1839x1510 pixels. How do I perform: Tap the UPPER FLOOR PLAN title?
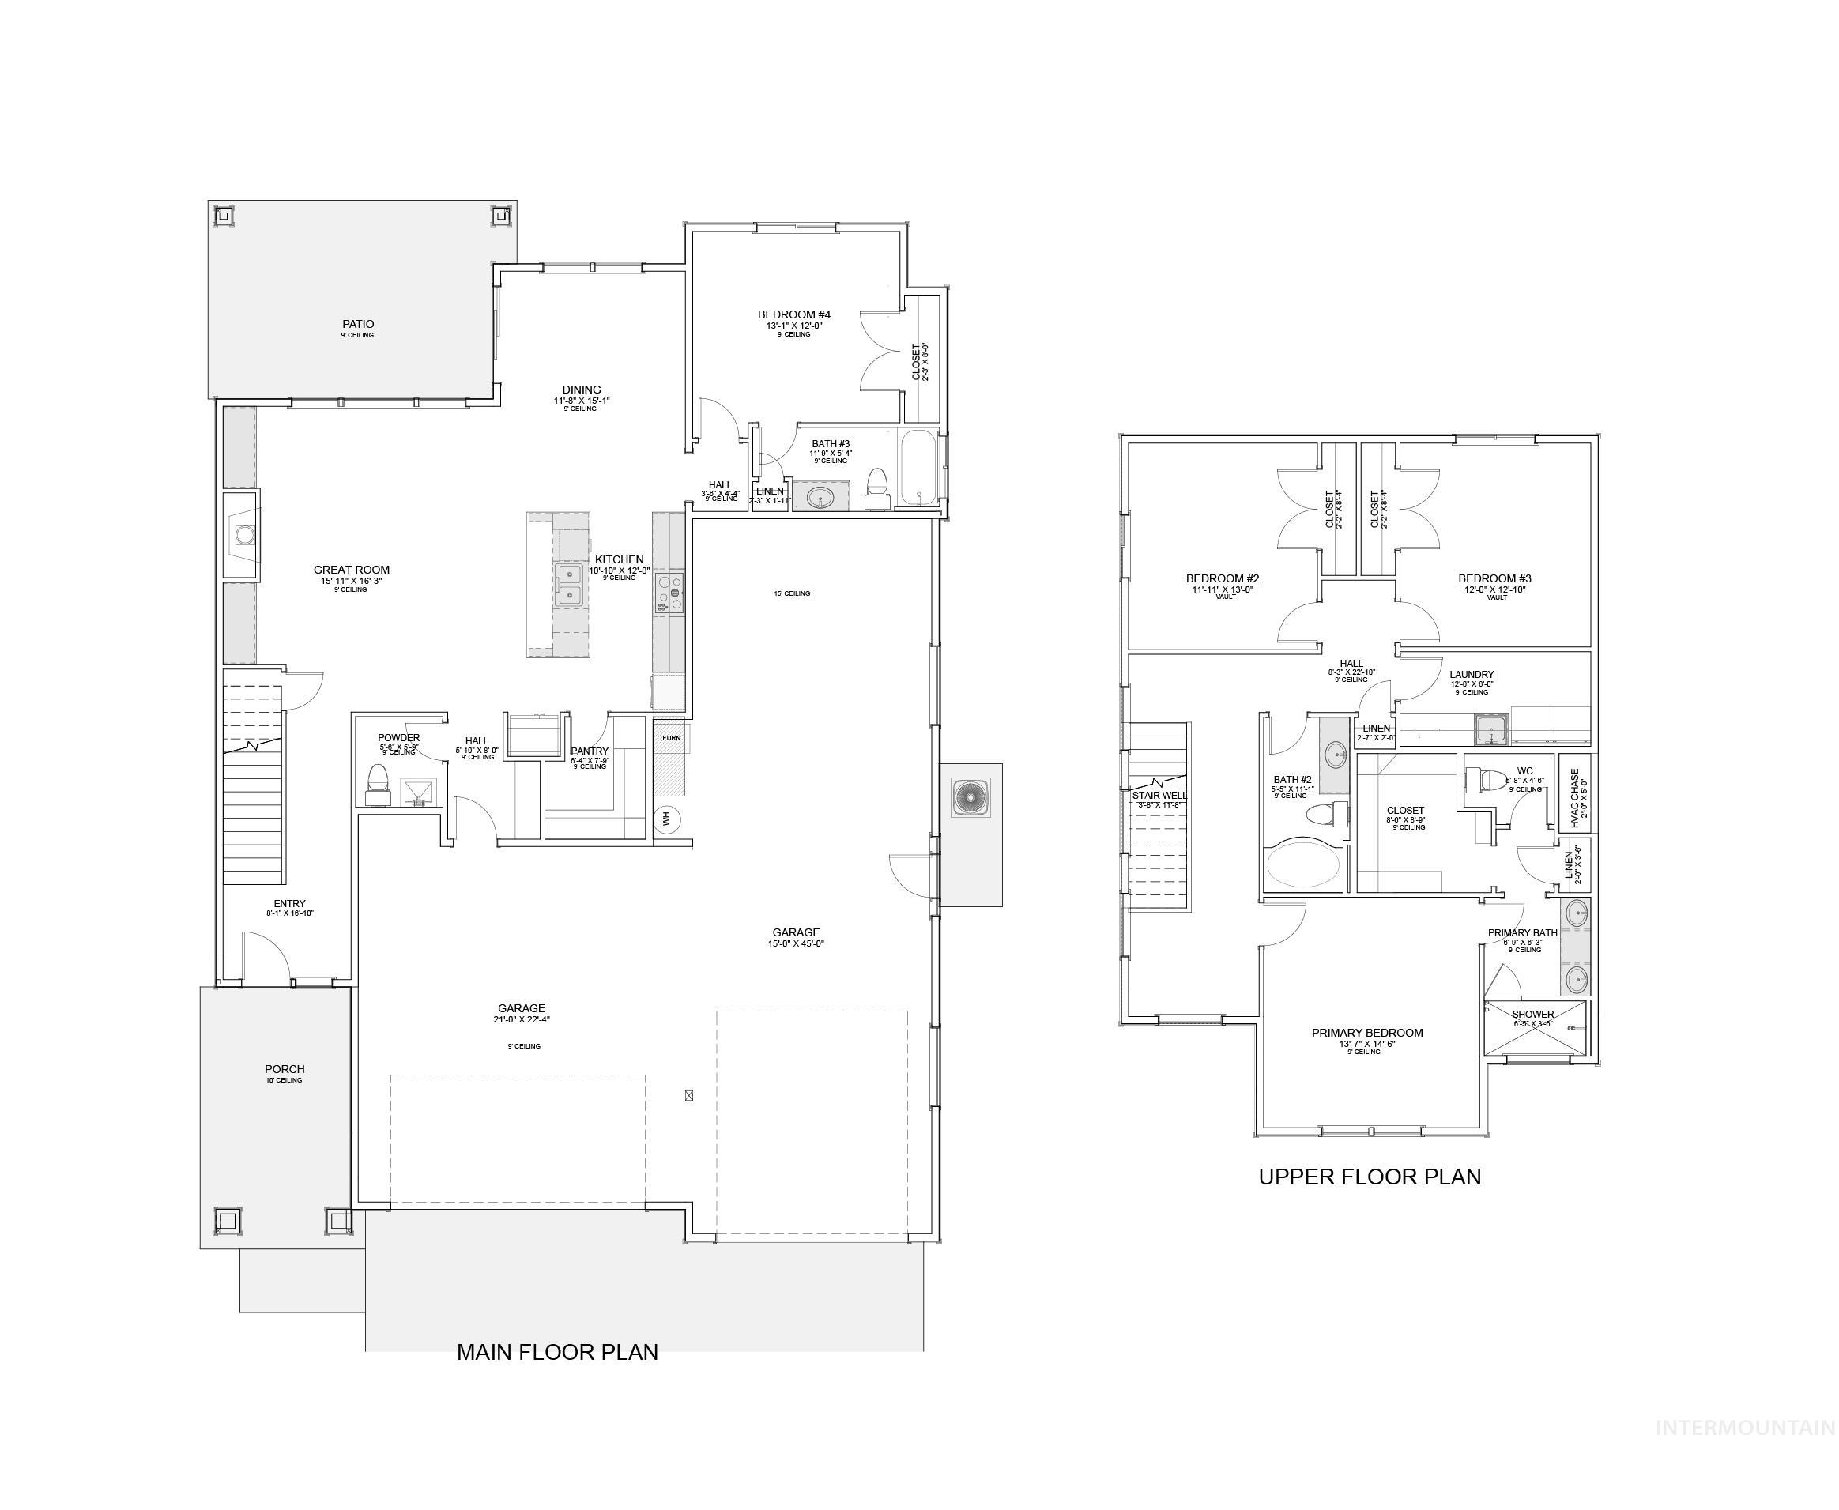(1370, 1177)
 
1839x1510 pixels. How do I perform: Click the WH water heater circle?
(666, 819)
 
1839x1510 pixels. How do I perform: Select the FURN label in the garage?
(671, 737)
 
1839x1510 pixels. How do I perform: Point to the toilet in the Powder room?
(378, 778)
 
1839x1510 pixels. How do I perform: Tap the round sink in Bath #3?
(820, 499)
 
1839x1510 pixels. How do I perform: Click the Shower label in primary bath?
(1533, 1015)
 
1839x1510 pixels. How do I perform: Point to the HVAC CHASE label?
(1573, 797)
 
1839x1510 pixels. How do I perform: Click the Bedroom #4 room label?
(793, 314)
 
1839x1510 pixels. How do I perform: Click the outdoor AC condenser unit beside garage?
(970, 797)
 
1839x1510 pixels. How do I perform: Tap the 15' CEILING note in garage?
(792, 593)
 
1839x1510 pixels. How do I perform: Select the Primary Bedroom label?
(1366, 1034)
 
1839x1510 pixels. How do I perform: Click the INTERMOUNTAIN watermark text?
(1745, 1452)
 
